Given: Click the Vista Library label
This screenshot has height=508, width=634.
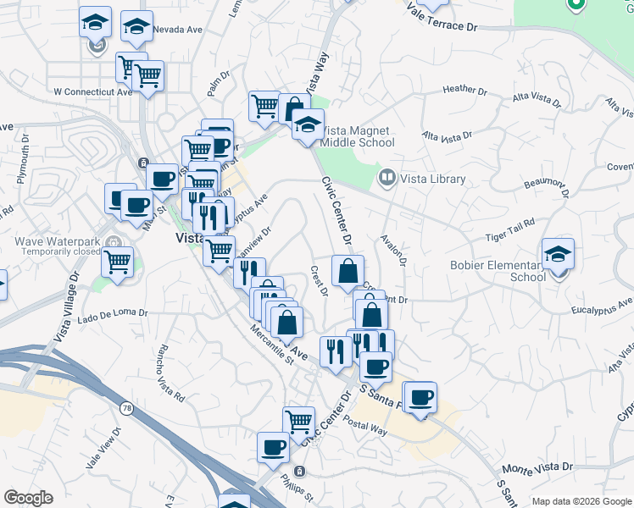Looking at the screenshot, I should coord(433,179).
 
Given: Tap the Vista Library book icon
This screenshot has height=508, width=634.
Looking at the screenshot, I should coord(387,178).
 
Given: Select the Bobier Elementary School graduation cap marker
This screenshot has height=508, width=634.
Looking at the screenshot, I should coord(558,253).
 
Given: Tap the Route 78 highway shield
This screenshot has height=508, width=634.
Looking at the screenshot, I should coord(126,409).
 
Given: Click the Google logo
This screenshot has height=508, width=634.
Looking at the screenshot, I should coord(28,498).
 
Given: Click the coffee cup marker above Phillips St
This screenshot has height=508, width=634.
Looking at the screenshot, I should coord(273,446).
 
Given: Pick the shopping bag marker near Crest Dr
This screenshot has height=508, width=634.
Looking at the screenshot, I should coord(348,272).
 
